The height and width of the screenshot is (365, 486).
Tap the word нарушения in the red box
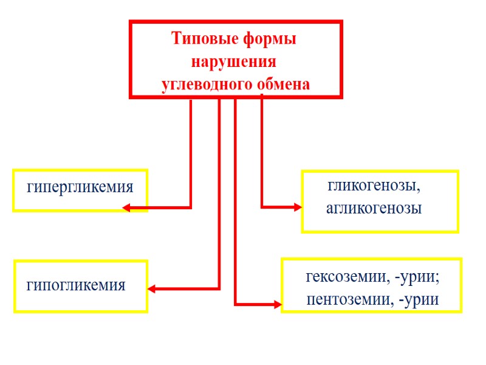point(234,62)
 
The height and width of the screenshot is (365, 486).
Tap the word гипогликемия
point(76,284)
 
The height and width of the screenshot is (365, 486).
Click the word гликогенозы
point(374,185)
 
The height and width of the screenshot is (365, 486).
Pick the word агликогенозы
point(374,208)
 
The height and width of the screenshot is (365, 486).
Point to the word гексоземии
point(346,278)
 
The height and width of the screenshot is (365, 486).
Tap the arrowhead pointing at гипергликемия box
point(126,208)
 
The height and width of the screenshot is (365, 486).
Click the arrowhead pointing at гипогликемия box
point(152,289)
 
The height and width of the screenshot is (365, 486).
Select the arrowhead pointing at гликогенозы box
point(298,207)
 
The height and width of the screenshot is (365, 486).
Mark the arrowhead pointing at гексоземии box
point(278,303)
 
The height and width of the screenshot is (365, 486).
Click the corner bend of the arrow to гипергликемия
point(191,208)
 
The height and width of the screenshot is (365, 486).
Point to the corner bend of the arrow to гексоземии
point(236,303)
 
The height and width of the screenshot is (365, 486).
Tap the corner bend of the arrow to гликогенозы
point(262,207)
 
